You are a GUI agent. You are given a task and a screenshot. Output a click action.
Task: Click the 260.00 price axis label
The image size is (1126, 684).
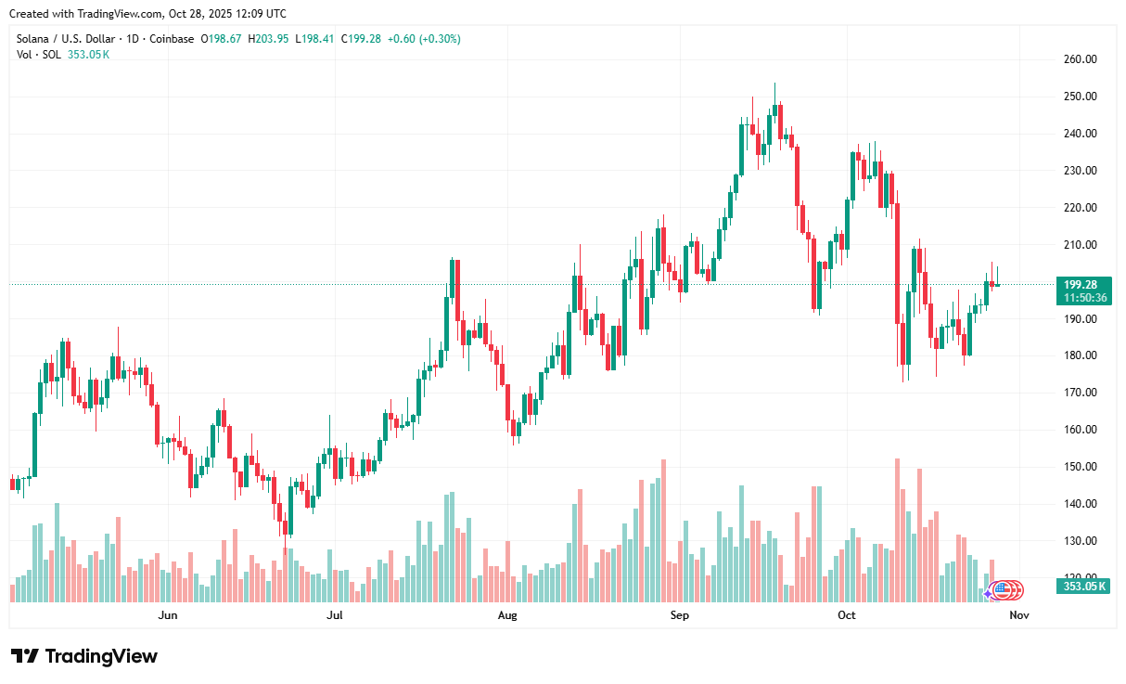point(1080,59)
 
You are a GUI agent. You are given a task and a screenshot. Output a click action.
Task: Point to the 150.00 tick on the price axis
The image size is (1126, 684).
point(1080,467)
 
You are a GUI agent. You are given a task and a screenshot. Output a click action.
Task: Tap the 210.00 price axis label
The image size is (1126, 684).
point(1080,245)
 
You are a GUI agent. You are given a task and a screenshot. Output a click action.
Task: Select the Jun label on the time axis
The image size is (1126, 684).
point(168,614)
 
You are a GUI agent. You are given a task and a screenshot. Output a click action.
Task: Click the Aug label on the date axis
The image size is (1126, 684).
point(506,614)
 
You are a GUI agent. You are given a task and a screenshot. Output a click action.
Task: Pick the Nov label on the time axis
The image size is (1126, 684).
point(1018,614)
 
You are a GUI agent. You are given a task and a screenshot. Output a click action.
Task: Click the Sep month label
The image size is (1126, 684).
point(680,614)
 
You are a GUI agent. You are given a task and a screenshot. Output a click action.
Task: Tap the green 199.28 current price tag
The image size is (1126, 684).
point(1081,284)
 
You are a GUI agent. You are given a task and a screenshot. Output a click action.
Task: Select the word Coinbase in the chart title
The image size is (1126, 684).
point(173,39)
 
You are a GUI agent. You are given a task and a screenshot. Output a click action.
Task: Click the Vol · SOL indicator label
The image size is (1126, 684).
point(40,55)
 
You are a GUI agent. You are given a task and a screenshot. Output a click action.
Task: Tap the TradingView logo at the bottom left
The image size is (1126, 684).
point(84,656)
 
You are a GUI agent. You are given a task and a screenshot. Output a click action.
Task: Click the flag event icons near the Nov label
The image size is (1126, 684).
point(1006,588)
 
